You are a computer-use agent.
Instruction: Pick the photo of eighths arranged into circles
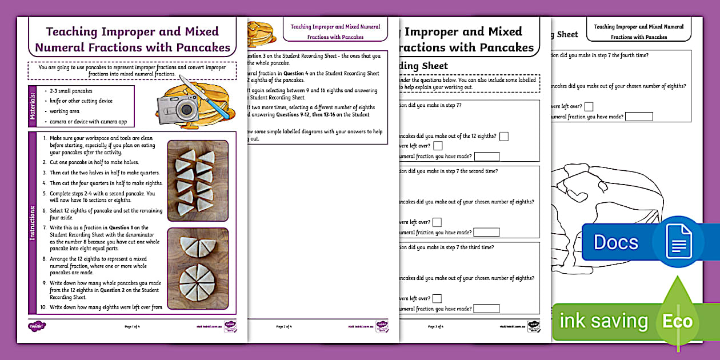[197, 269]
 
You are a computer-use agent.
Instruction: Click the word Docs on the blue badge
[615, 242]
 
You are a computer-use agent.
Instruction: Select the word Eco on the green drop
[677, 322]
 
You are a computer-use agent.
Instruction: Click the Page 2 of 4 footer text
[283, 327]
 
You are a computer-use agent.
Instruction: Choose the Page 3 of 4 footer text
[439, 327]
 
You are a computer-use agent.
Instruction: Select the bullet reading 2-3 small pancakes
[71, 91]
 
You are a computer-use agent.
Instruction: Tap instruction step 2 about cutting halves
[94, 163]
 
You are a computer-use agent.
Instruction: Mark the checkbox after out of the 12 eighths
[503, 136]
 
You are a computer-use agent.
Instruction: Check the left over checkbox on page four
[589, 106]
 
